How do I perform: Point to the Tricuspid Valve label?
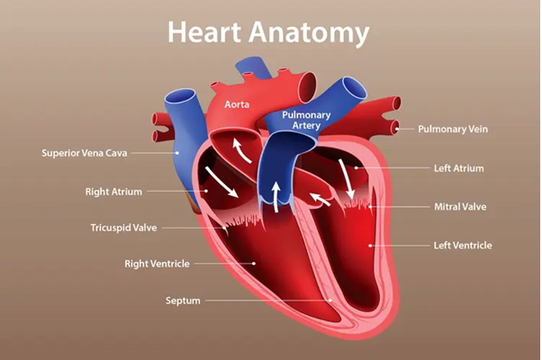[x=123, y=228]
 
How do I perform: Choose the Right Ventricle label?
[x=157, y=264]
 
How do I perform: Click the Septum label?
[x=184, y=300]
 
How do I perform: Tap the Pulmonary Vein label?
[x=456, y=130]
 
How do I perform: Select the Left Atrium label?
[x=459, y=167]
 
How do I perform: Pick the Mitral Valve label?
[x=460, y=206]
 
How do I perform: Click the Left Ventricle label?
[x=463, y=245]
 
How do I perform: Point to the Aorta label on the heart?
[x=237, y=105]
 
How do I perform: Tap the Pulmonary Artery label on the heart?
[x=306, y=121]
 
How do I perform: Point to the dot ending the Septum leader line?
[x=330, y=300]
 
